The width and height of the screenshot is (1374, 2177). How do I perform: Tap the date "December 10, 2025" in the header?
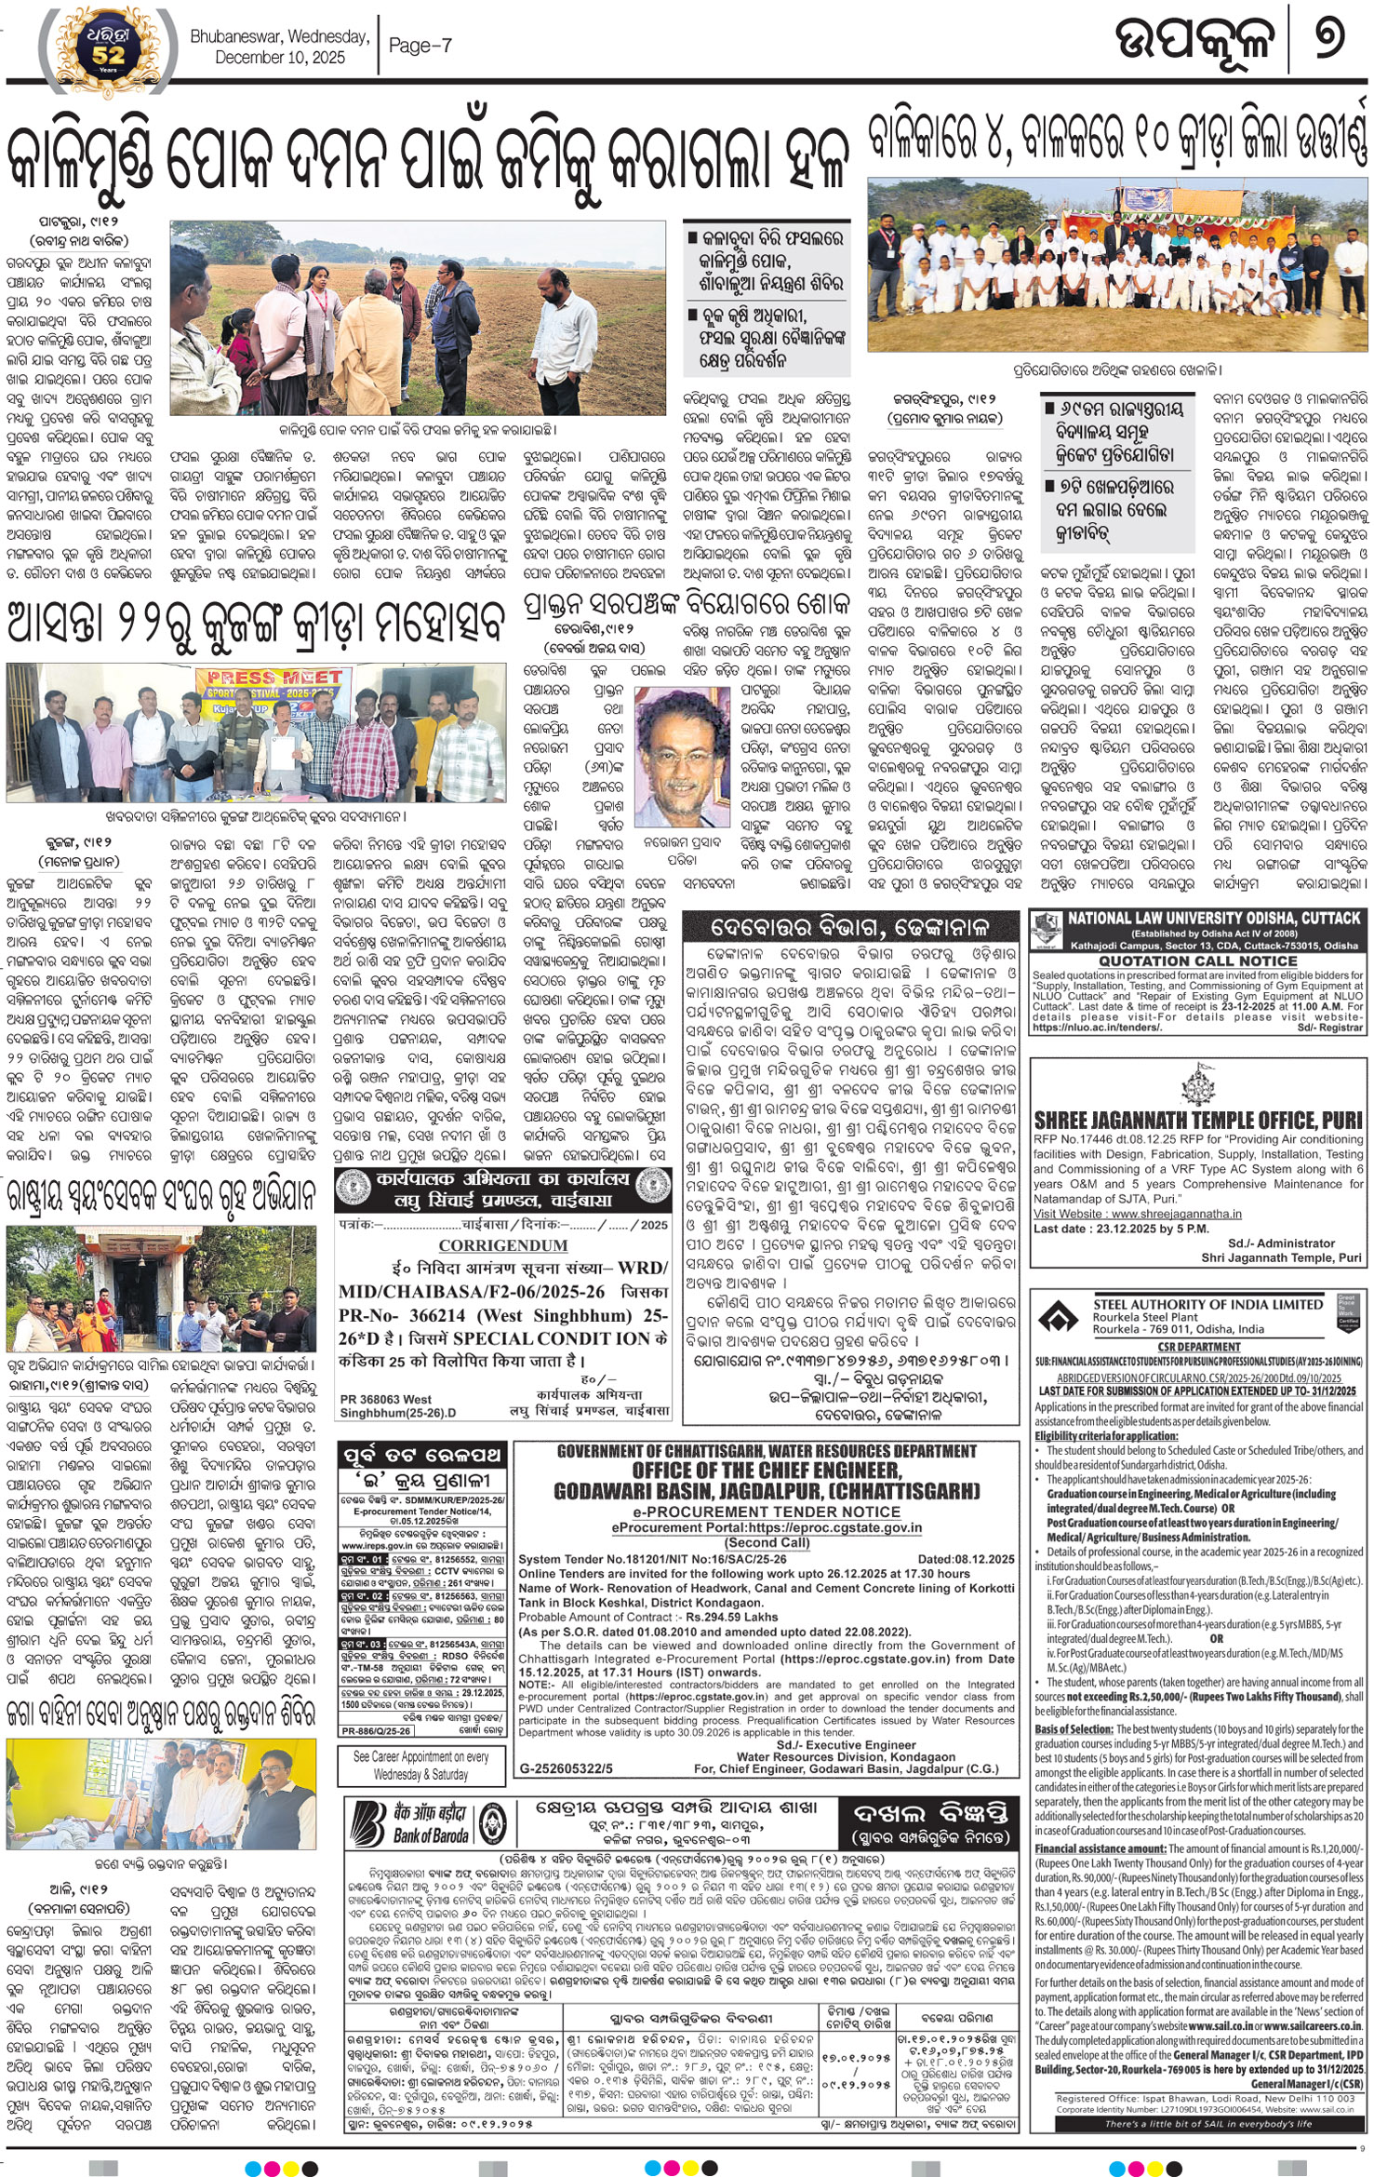[280, 57]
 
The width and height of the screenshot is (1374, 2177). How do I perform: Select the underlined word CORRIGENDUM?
[502, 1245]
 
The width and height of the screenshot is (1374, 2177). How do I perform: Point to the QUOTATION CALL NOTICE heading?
[1197, 961]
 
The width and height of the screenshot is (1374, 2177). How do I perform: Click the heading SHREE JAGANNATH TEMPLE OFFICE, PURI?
[1197, 1120]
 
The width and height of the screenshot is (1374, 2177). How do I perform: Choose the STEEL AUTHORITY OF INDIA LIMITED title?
[1207, 1305]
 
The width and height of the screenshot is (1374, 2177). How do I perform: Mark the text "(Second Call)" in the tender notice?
[767, 1541]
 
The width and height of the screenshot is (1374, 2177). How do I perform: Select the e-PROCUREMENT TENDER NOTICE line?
[767, 1512]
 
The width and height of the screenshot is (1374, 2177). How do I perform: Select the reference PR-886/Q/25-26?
[376, 1730]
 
